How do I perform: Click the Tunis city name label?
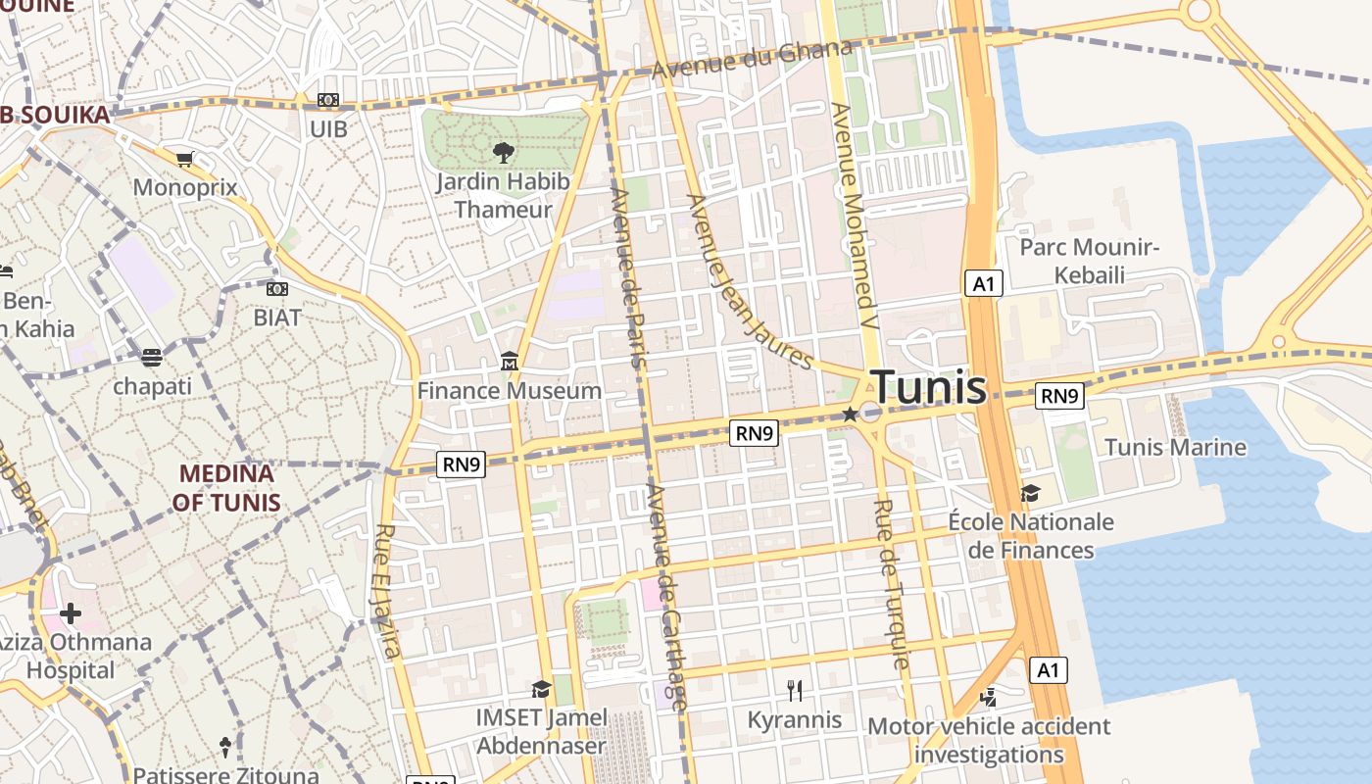[927, 386]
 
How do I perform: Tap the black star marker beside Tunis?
[850, 415]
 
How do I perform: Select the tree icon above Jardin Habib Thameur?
[503, 152]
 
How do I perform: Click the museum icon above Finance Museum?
[509, 362]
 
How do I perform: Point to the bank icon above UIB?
[328, 101]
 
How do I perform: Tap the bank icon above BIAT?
[277, 289]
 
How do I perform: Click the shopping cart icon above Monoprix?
[184, 159]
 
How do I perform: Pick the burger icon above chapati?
[151, 357]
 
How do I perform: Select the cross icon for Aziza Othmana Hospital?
[70, 614]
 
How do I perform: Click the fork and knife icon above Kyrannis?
[795, 691]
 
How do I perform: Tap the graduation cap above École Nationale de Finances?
[1030, 492]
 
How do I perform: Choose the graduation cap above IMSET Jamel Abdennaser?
[541, 689]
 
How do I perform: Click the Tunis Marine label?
[1175, 448]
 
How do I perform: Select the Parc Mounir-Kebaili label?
[1089, 261]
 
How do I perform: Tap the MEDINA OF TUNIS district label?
[226, 488]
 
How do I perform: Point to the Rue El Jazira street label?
[387, 591]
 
